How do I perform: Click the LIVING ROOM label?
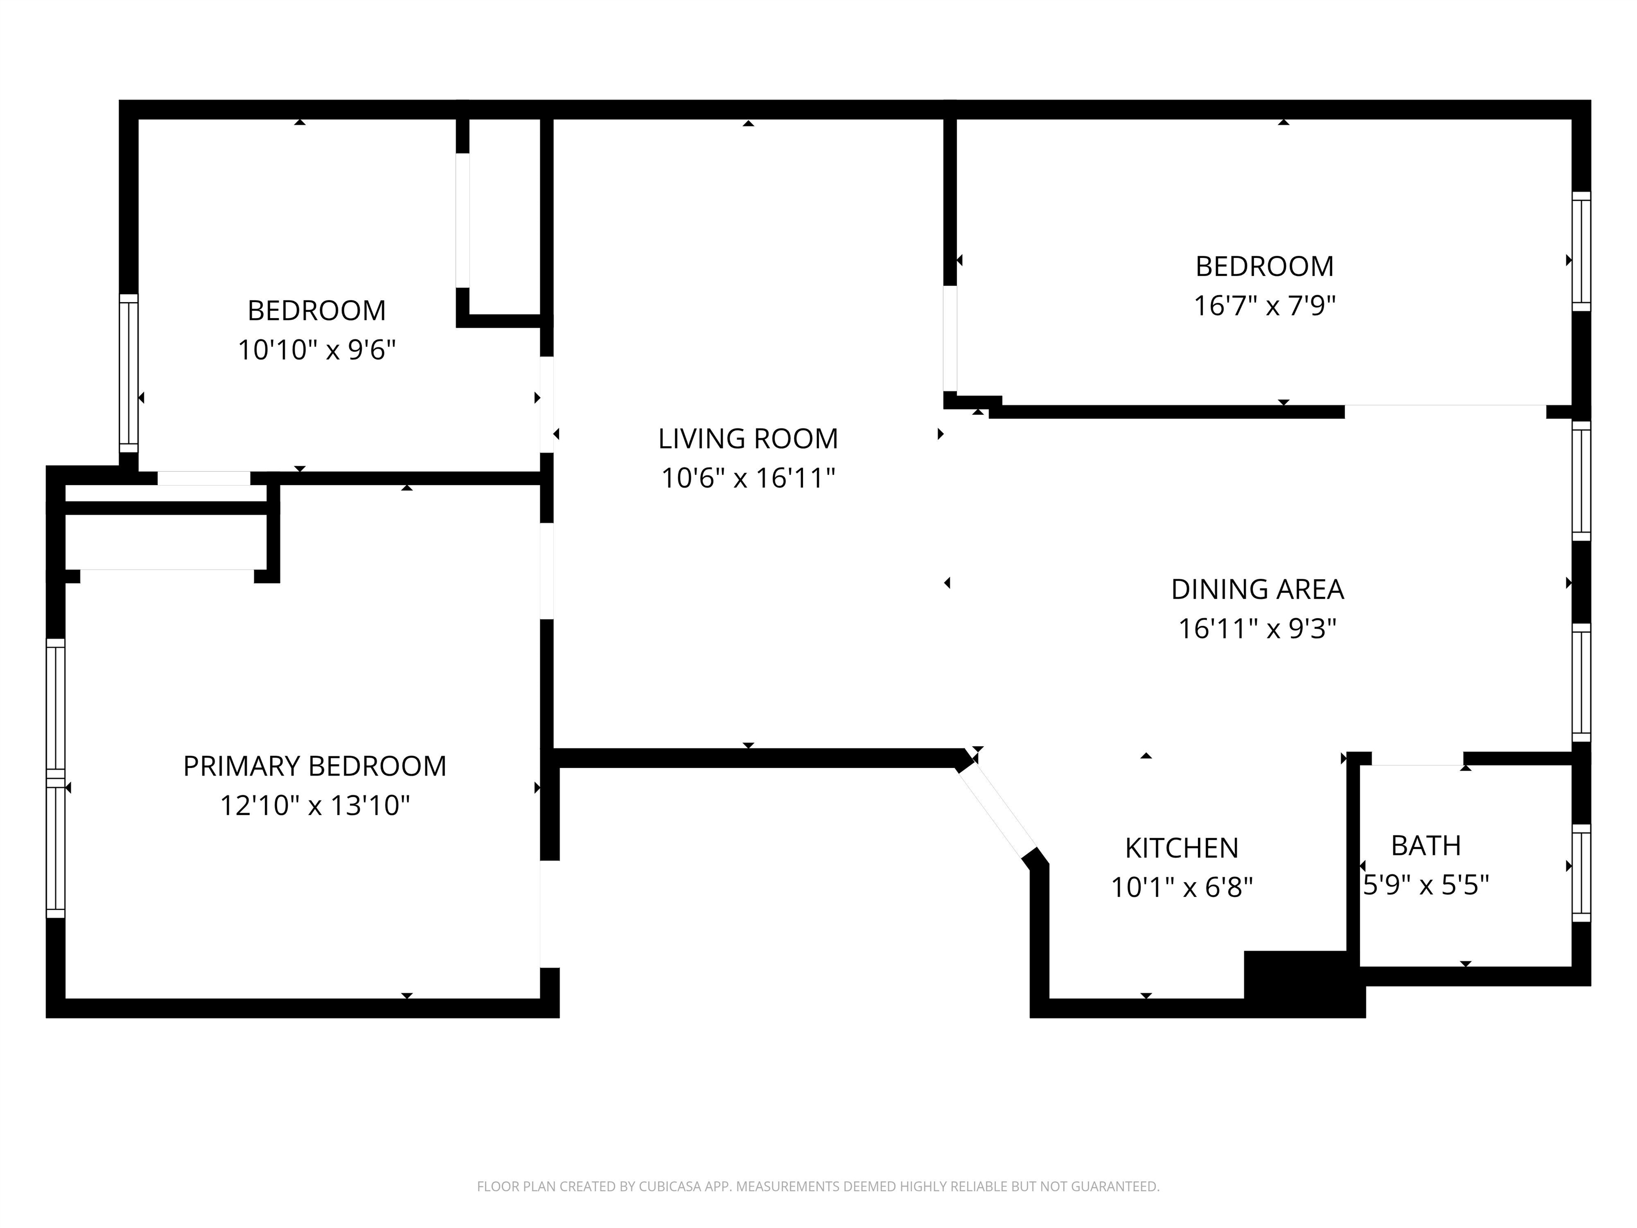point(748,439)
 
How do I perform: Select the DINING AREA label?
point(1258,589)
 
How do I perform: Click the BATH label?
point(1426,845)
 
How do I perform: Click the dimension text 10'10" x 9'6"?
point(317,350)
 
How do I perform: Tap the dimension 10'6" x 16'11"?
point(748,478)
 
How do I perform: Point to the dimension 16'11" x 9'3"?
point(1258,628)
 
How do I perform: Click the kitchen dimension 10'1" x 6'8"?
point(1182,887)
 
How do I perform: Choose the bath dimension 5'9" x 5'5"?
point(1426,885)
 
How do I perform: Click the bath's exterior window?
point(1581,872)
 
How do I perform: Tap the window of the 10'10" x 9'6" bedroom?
point(129,373)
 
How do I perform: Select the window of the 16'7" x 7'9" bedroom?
point(1581,252)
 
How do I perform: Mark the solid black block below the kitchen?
point(1304,984)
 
